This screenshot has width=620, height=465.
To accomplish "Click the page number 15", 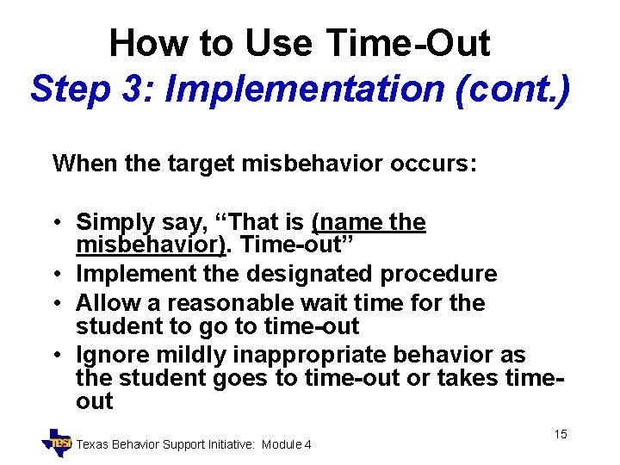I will click(x=560, y=434).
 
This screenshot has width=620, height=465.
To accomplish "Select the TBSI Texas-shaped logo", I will click(x=58, y=441).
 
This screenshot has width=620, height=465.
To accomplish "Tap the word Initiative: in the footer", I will click(x=225, y=444).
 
